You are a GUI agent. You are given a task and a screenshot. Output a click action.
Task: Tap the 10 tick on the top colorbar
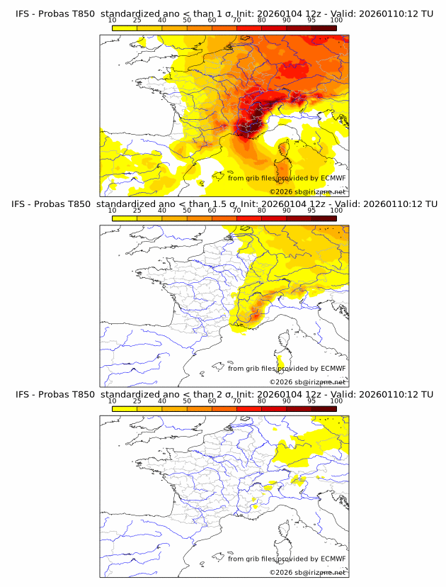click(113, 20)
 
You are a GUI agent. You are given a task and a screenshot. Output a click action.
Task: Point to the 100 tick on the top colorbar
click(336, 20)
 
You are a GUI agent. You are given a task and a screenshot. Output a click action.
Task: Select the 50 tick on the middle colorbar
click(187, 211)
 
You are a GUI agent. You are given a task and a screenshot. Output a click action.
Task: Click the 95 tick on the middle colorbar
click(311, 211)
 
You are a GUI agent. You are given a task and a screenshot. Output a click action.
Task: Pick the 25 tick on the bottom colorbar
click(137, 401)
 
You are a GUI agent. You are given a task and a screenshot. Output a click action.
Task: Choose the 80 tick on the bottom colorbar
click(262, 401)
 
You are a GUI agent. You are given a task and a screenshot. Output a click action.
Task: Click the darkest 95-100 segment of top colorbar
click(324, 28)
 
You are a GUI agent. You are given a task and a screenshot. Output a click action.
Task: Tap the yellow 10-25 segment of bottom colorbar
click(125, 408)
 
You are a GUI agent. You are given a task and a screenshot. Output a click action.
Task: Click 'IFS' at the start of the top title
click(22, 14)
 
